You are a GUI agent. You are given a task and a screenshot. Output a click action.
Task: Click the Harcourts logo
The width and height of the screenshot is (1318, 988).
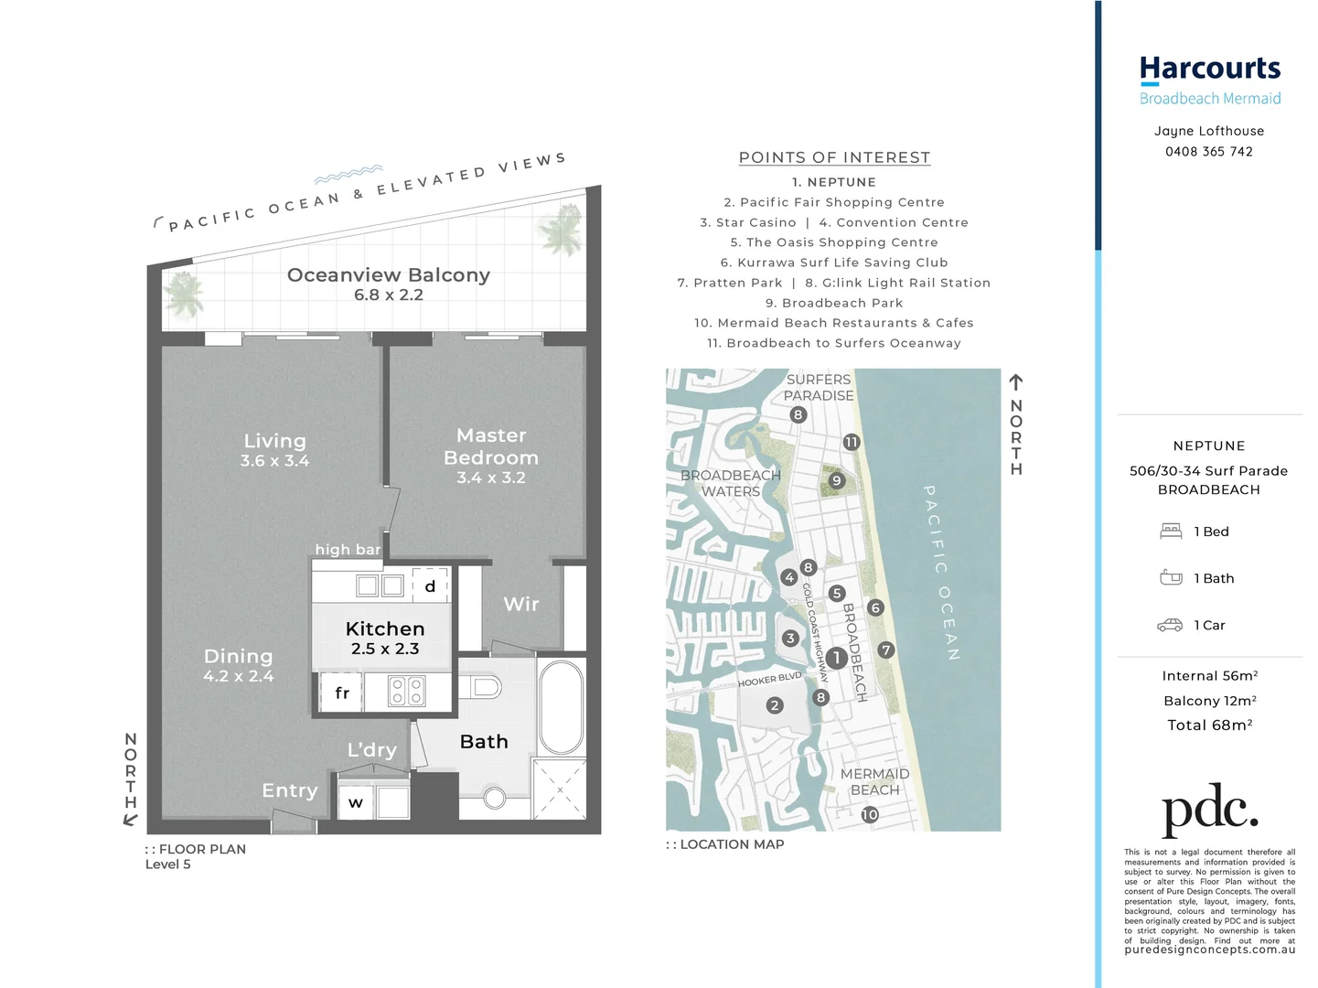coord(1209,70)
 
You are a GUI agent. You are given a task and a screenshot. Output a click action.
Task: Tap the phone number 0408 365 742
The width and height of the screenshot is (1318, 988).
coord(1208,152)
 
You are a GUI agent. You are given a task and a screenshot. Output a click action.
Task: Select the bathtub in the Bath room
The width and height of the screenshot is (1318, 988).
coord(560,707)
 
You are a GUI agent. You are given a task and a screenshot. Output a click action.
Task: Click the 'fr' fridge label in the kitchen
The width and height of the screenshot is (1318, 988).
coord(342,693)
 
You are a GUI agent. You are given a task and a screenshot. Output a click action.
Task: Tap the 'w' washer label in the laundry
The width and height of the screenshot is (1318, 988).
coord(356,803)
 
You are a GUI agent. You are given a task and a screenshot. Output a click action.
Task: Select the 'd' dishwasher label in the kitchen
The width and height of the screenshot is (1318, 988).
coord(430,586)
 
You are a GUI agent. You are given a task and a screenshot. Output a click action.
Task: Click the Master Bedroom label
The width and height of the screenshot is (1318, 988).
coord(491,446)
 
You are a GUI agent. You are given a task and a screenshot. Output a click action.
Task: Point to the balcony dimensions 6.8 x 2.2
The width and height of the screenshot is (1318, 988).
coord(389,295)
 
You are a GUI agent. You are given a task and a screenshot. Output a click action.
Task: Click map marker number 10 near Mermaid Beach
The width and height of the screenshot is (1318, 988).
coord(869,814)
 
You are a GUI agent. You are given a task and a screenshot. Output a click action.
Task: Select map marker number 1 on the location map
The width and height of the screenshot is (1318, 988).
coord(836,658)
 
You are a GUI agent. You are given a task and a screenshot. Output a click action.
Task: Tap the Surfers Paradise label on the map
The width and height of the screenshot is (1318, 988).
coord(819,387)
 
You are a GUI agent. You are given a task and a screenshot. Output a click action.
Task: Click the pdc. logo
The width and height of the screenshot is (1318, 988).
coord(1209,809)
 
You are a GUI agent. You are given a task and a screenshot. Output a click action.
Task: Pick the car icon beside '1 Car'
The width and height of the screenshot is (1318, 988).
coord(1170,626)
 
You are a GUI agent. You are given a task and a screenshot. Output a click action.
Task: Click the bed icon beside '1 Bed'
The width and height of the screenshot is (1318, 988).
coord(1171,532)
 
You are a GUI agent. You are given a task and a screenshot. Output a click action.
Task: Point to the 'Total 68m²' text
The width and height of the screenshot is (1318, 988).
coord(1209,725)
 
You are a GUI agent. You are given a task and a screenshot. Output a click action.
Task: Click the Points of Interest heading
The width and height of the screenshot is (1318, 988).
coord(834,157)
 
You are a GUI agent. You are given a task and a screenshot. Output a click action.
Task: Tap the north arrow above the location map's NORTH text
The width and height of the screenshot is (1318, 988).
coord(1015,382)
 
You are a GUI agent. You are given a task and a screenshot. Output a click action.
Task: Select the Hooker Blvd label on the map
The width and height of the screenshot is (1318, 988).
coord(769,680)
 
